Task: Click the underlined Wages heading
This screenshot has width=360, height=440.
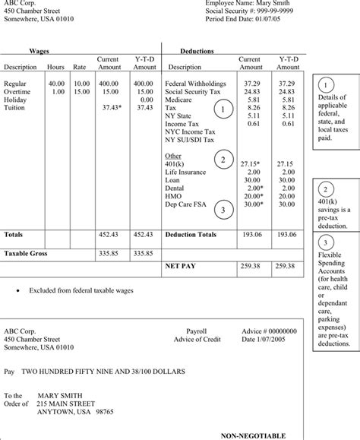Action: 39,51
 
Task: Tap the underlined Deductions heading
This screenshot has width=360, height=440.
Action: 197,51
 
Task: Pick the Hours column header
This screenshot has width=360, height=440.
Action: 56,67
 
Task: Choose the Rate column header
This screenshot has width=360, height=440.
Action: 80,67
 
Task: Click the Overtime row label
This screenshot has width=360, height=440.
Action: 17,91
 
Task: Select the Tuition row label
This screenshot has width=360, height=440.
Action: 15,108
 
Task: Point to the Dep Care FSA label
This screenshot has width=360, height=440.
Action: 185,204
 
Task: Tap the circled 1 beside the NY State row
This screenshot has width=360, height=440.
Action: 223,112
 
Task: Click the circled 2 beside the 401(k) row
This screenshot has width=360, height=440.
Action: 223,160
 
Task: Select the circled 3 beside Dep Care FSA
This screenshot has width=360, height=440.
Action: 223,209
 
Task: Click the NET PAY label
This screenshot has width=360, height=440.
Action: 182,267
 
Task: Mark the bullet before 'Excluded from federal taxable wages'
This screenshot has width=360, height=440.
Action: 17,291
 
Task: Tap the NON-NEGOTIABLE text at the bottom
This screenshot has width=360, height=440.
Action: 254,435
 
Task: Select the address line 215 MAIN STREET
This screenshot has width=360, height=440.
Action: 67,404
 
